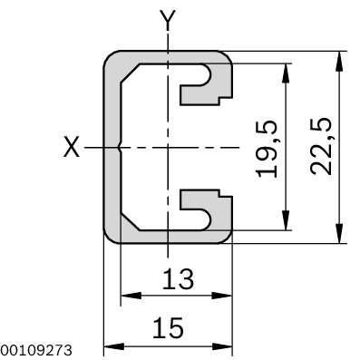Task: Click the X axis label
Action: pos(72,147)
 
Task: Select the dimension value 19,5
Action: pos(267,149)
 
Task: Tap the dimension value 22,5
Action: pos(321,146)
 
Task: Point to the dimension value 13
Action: pos(178,278)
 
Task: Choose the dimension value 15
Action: pos(168,327)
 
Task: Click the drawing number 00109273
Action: pos(36,350)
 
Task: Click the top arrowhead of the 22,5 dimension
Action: pos(339,62)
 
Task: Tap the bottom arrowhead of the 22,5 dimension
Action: pos(339,233)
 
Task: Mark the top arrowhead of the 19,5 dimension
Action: pos(285,73)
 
